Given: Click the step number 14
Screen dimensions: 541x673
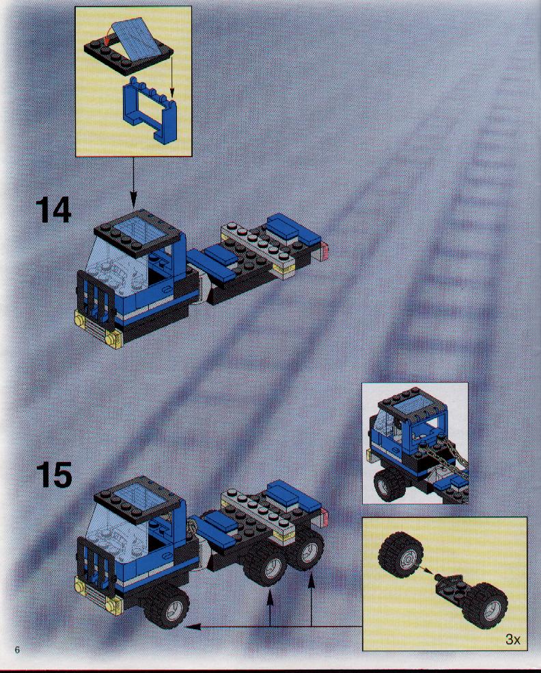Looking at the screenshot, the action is pyautogui.click(x=53, y=210).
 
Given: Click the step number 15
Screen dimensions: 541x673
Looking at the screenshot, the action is pyautogui.click(x=54, y=474).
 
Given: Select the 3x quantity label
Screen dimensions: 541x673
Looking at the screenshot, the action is pyautogui.click(x=513, y=639).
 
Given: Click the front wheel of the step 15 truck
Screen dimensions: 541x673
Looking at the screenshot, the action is pyautogui.click(x=167, y=606).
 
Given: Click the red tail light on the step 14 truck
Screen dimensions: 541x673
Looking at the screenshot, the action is pyautogui.click(x=324, y=250).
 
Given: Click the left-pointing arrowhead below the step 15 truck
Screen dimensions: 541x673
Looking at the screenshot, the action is pyautogui.click(x=193, y=627).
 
